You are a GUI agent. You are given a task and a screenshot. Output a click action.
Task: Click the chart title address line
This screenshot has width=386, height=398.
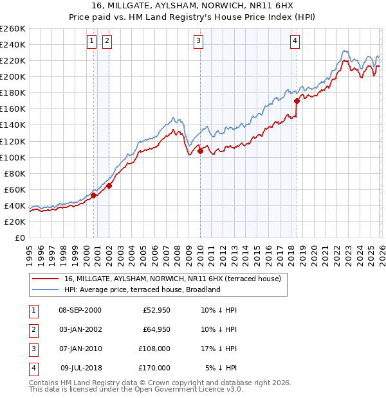coord(192,5)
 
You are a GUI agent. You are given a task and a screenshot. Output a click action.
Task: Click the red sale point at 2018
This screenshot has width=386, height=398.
coord(297,101)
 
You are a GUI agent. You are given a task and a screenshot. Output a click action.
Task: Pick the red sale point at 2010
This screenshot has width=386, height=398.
coord(200,151)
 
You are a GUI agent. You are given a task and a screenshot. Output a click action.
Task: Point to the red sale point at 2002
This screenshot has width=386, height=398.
coord(109,186)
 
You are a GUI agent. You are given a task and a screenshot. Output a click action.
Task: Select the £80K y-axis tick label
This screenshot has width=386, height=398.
coord(15,173)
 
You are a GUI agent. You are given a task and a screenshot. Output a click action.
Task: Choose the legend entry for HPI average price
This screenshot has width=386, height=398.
coord(142,290)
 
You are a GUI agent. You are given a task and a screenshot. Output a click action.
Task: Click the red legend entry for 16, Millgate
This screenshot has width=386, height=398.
coord(172,279)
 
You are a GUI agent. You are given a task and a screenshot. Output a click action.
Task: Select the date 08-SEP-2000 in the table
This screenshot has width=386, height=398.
coord(80,310)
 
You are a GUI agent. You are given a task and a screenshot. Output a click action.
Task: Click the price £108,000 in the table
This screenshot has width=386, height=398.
coord(154,349)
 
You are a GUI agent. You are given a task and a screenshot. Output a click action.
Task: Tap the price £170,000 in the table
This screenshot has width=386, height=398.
coord(154,368)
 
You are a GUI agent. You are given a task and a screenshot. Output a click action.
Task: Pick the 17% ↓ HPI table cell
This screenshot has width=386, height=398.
coord(219,349)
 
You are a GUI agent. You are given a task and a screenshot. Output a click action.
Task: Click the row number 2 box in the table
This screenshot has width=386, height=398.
coord(32,329)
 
